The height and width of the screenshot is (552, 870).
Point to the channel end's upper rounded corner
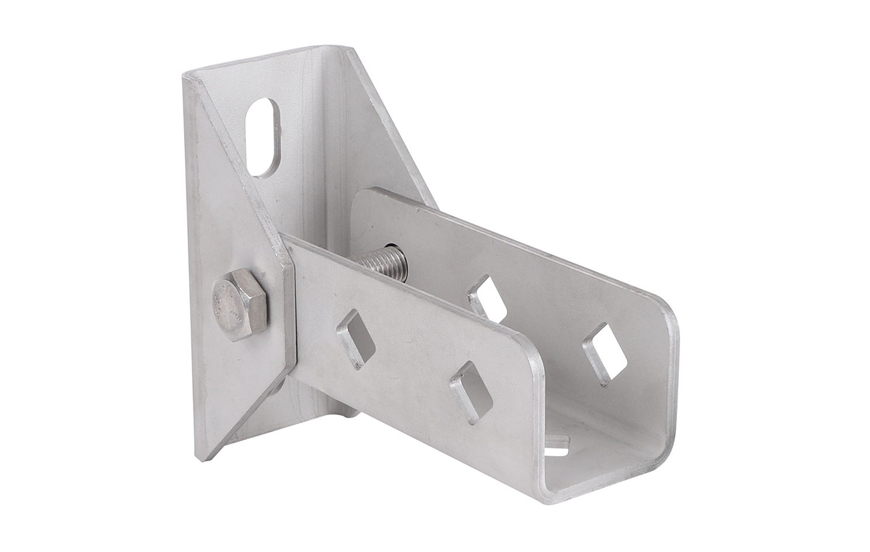(672, 321)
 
